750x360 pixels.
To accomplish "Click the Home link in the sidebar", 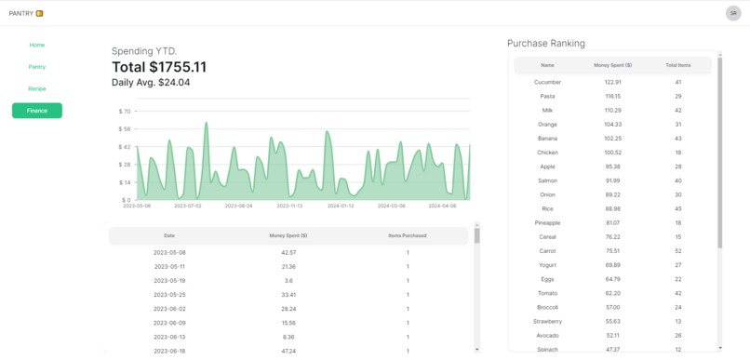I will click(37, 45).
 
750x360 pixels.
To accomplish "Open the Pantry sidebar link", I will click(37, 67).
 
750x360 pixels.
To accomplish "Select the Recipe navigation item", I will click(37, 88).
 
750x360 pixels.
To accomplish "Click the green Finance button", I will click(37, 111).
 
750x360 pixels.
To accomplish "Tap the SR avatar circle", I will click(733, 13).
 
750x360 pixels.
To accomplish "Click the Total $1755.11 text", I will click(159, 67).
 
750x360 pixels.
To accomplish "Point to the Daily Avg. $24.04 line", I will click(151, 83).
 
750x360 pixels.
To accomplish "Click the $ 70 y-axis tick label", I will click(124, 112).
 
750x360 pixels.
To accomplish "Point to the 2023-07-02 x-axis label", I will click(188, 207).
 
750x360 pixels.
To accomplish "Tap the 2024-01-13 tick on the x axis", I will click(341, 207).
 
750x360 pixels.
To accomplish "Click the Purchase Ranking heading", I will click(546, 43).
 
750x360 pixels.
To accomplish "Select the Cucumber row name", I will click(547, 82).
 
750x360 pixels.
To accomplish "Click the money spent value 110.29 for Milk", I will click(612, 110).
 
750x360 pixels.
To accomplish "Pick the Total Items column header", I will click(678, 65).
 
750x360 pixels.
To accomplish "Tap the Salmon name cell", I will click(547, 180).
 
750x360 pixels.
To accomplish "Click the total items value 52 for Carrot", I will click(678, 251).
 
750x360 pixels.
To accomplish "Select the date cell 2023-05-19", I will click(169, 280).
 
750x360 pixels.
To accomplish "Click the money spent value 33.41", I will click(288, 294).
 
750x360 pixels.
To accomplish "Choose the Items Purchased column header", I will click(408, 235).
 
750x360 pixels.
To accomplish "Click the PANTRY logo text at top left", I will click(21, 13).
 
